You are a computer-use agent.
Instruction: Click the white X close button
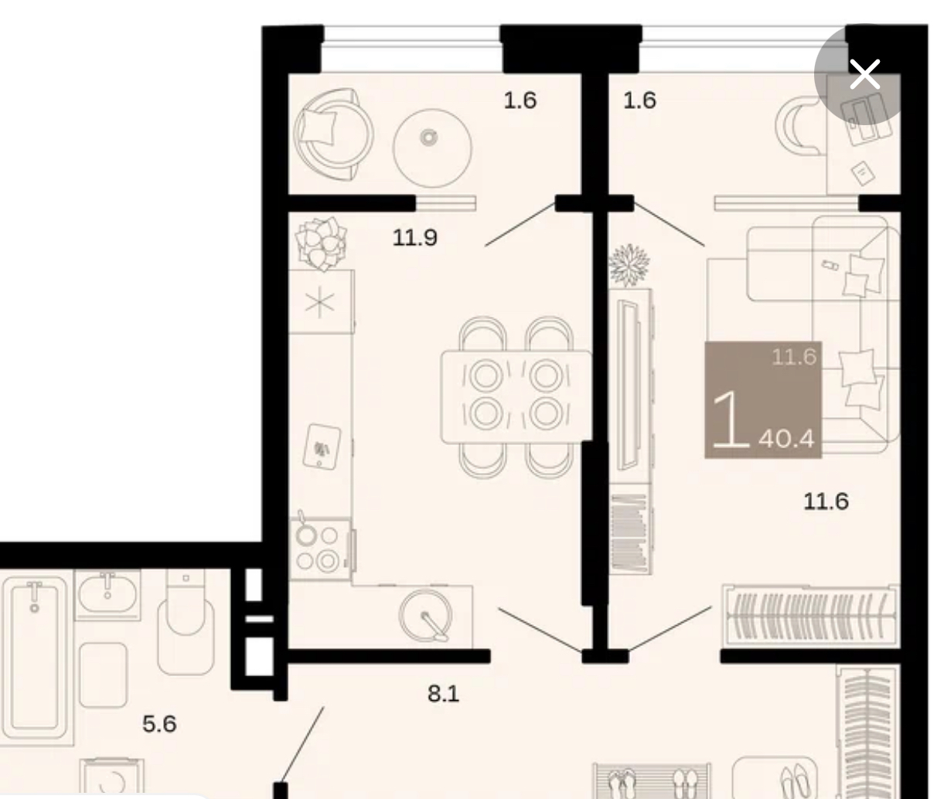(x=864, y=74)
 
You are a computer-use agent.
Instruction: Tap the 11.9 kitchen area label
(x=414, y=238)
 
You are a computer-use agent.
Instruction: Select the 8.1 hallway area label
(x=443, y=694)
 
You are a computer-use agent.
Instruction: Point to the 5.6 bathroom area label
(x=159, y=724)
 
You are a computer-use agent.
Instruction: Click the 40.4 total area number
(x=786, y=439)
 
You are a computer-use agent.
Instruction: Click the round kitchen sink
(x=424, y=615)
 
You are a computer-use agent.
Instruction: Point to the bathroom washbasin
(x=107, y=595)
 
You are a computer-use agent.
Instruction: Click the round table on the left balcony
(x=432, y=148)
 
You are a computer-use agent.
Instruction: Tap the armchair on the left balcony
(x=333, y=135)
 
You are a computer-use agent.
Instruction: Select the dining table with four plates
(x=516, y=396)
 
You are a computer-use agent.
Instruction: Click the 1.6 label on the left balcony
(x=520, y=100)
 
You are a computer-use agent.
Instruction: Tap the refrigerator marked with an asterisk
(x=322, y=302)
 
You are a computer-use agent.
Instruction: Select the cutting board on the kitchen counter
(x=322, y=447)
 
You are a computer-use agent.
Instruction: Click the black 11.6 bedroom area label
(x=826, y=501)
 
